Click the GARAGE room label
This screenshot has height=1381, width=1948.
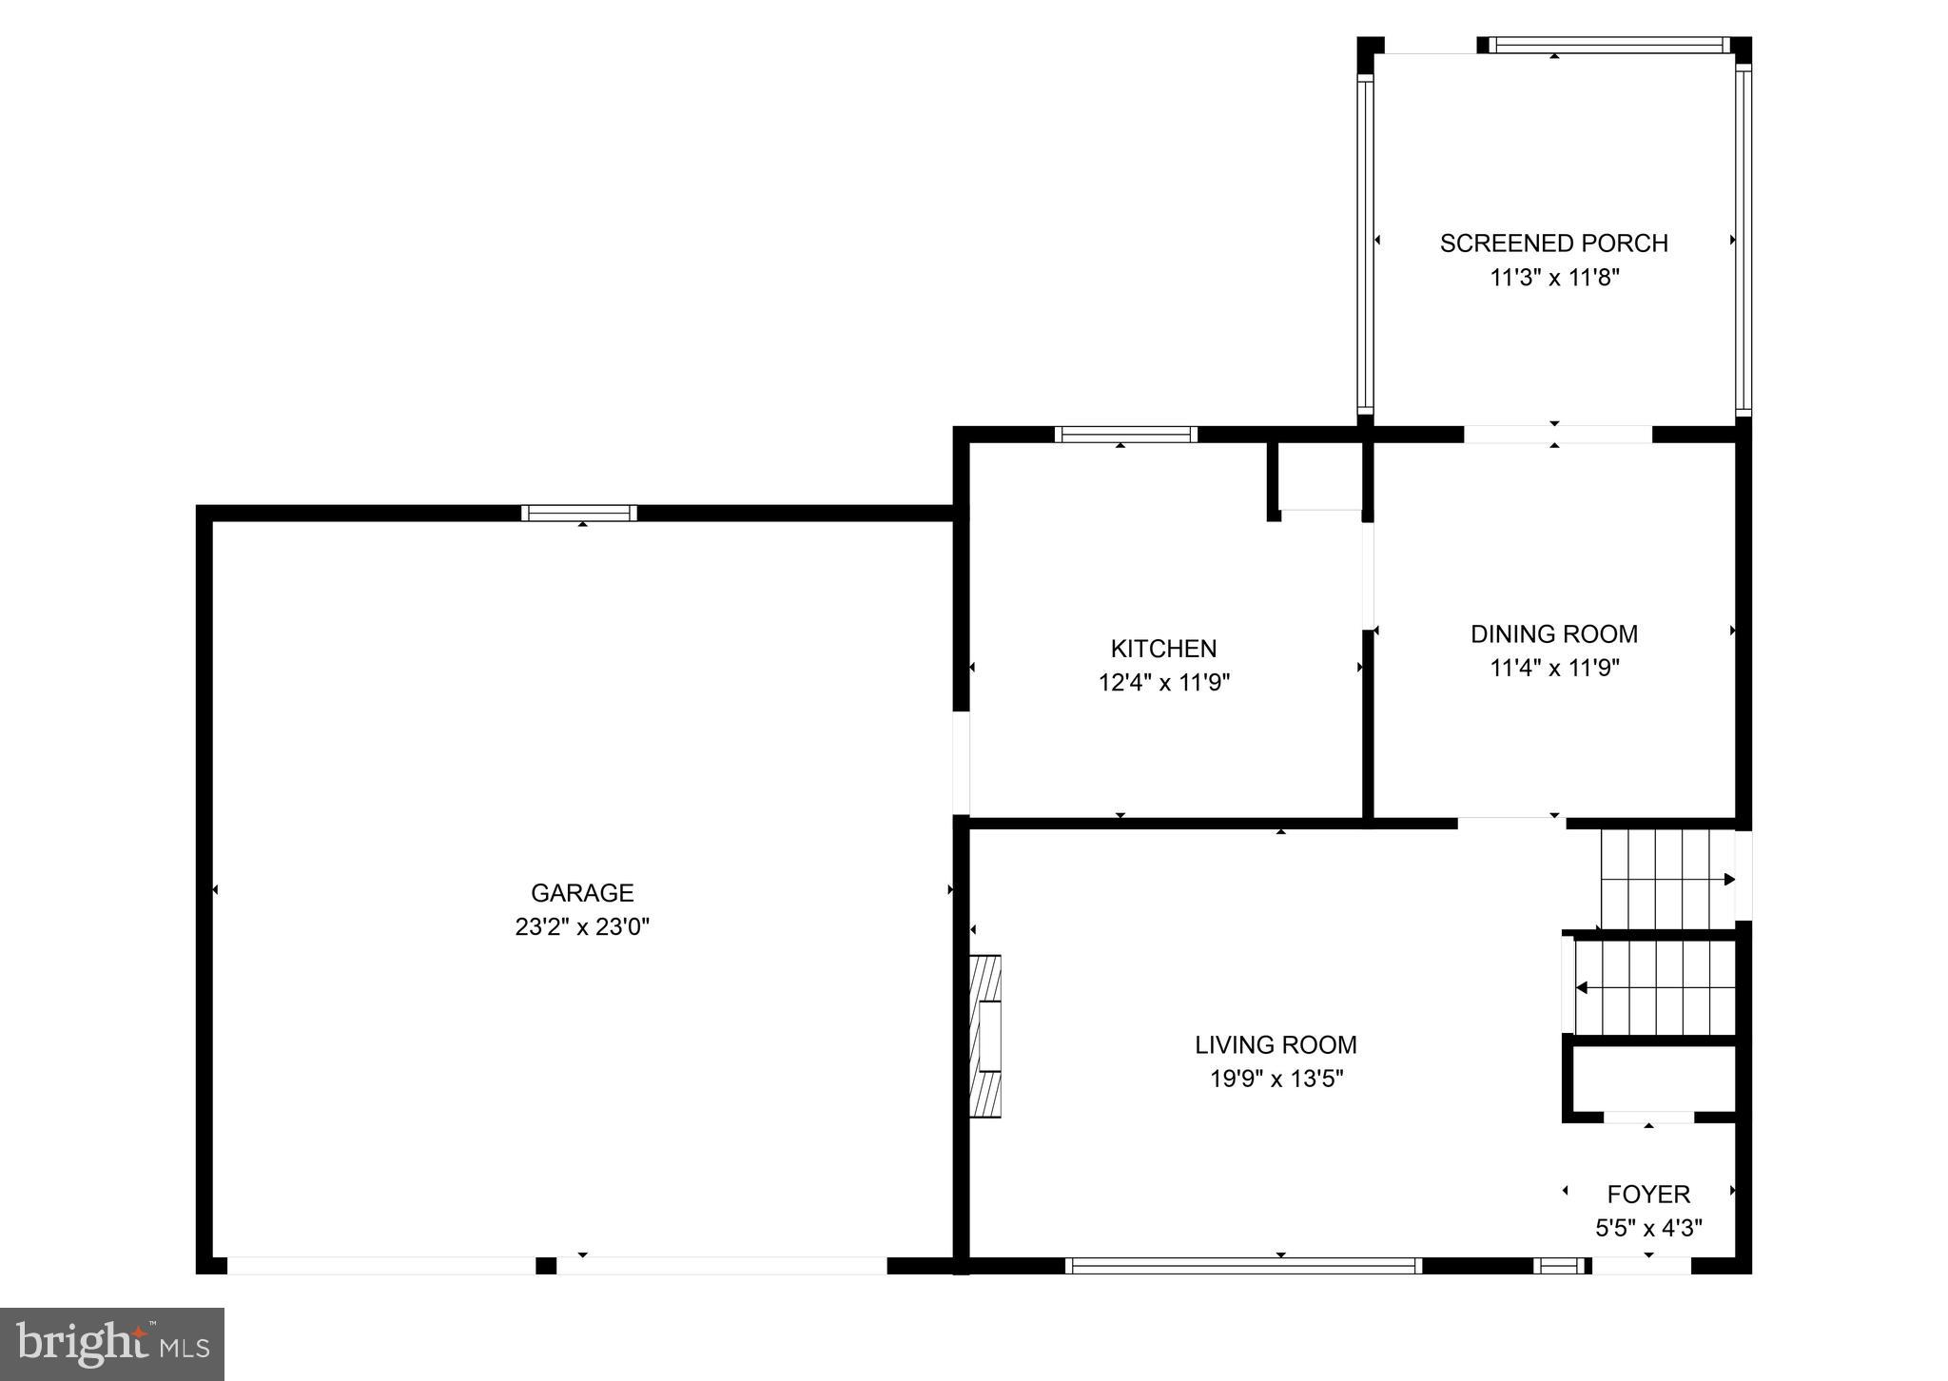(581, 892)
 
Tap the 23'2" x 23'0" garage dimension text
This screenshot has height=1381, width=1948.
(581, 926)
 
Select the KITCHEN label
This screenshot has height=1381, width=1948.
(1163, 649)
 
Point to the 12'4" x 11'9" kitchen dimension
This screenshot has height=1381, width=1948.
(1163, 683)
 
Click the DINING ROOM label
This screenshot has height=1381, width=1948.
(1553, 633)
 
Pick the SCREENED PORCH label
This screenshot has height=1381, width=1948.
(1553, 243)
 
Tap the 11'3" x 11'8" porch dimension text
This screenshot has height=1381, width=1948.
(1553, 278)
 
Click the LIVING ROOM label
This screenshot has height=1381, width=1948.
(1275, 1044)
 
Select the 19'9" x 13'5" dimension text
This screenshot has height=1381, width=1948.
(1275, 1079)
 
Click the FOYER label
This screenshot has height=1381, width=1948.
(1648, 1194)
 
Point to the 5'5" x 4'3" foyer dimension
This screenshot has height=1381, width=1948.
(1648, 1228)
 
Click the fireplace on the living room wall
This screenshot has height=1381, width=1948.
(985, 1036)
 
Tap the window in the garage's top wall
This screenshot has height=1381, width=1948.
(579, 514)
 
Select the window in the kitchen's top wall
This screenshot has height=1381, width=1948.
(1125, 435)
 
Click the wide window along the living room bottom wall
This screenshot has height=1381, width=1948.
(1243, 1265)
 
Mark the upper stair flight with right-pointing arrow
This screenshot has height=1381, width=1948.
(1666, 879)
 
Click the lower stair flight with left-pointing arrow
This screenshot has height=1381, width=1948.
(1655, 988)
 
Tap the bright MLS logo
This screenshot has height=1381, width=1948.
(112, 1344)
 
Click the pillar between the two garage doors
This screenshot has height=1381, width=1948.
(546, 1265)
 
